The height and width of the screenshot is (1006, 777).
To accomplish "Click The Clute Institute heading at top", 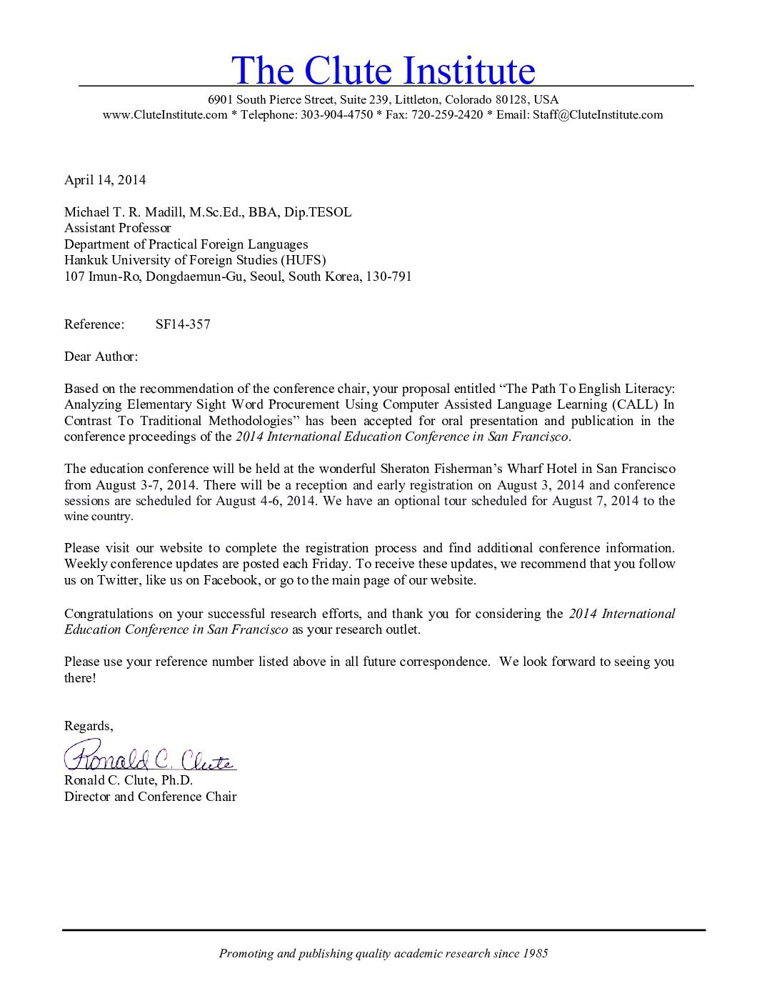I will pos(383,70).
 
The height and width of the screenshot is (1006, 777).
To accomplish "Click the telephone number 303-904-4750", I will pos(336,115).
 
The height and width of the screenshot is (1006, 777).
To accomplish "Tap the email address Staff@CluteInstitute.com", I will pos(597,115).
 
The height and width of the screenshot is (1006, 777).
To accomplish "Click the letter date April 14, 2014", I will pos(105,180).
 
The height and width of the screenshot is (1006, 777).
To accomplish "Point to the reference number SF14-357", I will pos(183,324).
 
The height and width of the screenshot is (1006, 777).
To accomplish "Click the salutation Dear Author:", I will pos(101,357).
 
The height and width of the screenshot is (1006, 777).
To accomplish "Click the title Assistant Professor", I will pos(118,228).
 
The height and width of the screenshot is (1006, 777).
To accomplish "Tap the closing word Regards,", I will pos(89,726).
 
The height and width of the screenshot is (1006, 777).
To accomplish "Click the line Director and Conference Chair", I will pos(150,797).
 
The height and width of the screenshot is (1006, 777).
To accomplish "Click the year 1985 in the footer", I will pos(535,953).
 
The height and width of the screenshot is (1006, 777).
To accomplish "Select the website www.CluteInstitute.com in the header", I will pos(165,115).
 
